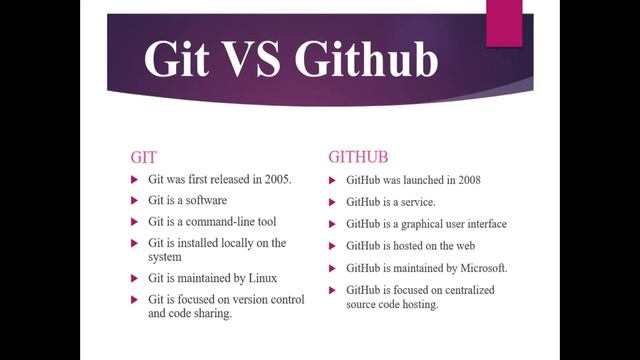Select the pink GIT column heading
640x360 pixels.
[x=145, y=157]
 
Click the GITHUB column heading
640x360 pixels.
[x=358, y=157]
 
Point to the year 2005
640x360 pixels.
[x=273, y=179]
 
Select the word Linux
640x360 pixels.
[x=261, y=277]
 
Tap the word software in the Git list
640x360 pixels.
[x=204, y=200]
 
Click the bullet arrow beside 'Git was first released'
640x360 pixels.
[x=136, y=179]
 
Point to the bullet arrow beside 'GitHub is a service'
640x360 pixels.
[x=334, y=202]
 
